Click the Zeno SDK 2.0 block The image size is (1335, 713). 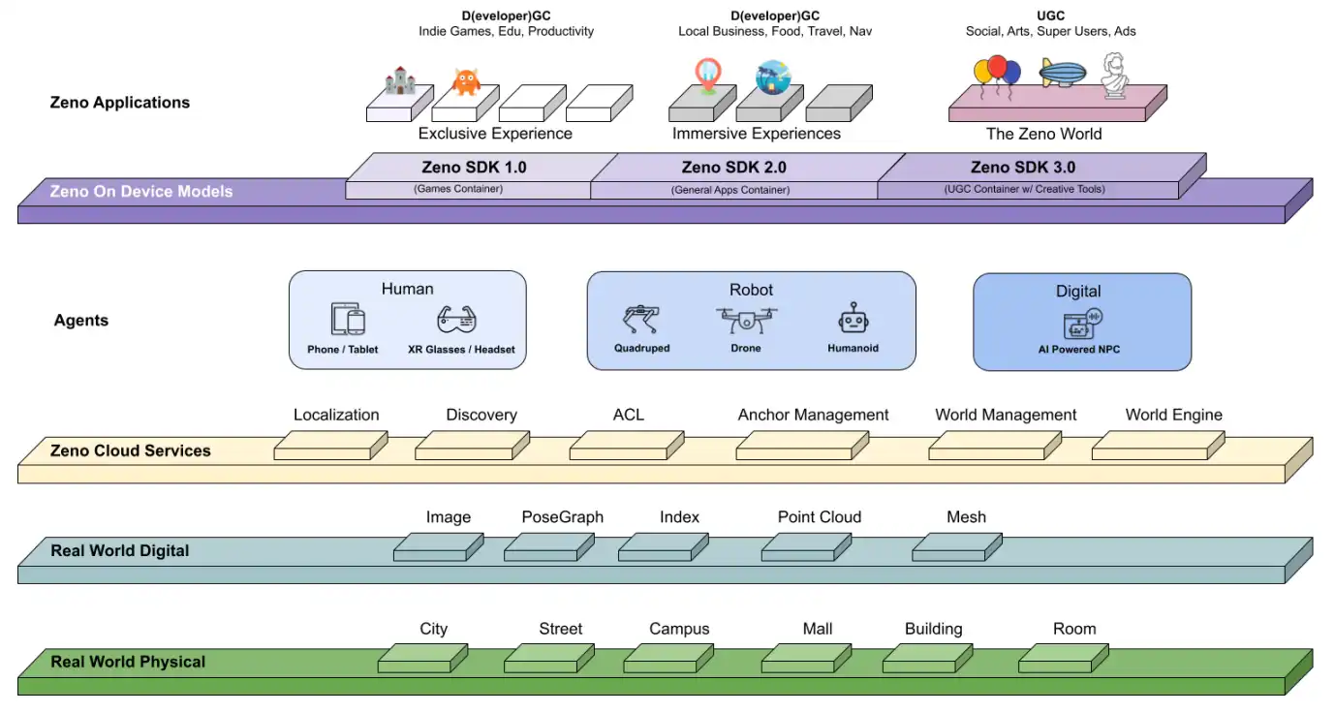[734, 175]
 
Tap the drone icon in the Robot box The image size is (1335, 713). [746, 320]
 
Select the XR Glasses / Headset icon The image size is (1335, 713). [457, 320]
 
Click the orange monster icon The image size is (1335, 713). [466, 81]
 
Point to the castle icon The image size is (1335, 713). [399, 80]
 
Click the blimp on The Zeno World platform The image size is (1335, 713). [1062, 73]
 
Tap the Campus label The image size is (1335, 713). [679, 629]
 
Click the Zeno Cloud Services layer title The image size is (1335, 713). [130, 450]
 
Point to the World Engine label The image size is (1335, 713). [1173, 415]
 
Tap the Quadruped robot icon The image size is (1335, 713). [641, 321]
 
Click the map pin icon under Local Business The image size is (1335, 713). [708, 77]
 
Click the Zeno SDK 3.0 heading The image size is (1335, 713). [1022, 168]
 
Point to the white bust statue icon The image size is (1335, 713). [1115, 76]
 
